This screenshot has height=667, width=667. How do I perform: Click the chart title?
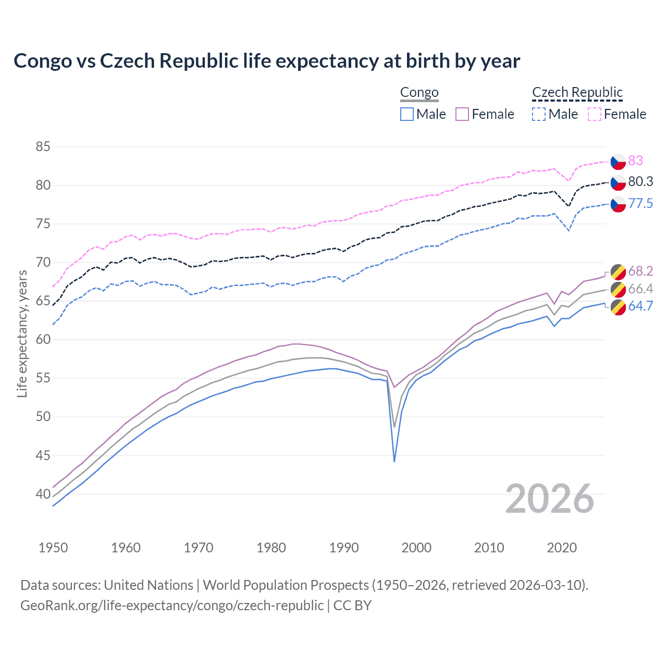click(267, 61)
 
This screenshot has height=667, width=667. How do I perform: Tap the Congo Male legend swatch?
click(407, 114)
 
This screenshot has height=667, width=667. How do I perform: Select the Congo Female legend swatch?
click(462, 114)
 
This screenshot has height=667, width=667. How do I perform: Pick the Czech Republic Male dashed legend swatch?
click(539, 114)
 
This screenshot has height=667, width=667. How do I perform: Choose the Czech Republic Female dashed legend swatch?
click(595, 114)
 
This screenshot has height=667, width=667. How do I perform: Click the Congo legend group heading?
click(419, 93)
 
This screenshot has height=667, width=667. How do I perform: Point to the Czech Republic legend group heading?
click(577, 93)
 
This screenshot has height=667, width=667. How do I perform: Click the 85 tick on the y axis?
click(43, 147)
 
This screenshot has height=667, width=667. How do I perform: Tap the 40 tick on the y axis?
click(43, 494)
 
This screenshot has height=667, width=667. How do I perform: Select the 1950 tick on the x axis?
click(53, 548)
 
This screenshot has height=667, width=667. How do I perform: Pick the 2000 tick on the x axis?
click(416, 548)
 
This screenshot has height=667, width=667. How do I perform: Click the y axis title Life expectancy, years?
click(22, 333)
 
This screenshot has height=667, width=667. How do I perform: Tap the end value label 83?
click(635, 161)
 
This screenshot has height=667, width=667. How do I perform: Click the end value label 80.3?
click(640, 182)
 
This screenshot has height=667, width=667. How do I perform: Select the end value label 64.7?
click(640, 306)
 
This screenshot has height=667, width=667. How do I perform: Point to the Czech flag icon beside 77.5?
click(618, 204)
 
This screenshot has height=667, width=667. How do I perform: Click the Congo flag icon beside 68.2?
click(618, 272)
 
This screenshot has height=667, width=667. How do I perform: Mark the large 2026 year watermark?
click(550, 499)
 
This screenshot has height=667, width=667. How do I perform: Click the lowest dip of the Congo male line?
click(394, 461)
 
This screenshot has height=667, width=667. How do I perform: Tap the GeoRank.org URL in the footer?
click(172, 606)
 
